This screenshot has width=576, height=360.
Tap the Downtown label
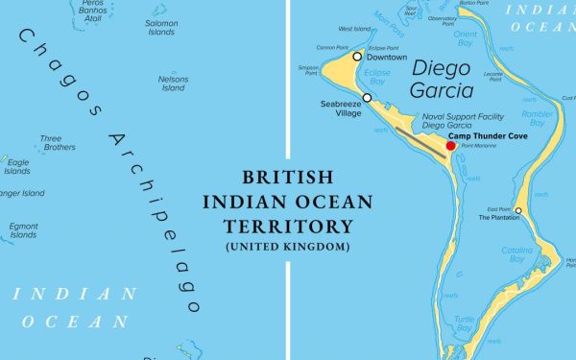click(388, 58)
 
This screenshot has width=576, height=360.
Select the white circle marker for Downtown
click(357, 57)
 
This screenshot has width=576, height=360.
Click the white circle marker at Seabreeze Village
click(367, 98)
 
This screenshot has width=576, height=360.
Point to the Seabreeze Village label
click(341, 108)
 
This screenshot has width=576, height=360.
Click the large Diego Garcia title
click(443, 81)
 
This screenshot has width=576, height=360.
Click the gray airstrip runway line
click(420, 142)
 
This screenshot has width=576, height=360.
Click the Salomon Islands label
click(161, 27)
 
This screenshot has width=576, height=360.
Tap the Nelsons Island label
click(173, 83)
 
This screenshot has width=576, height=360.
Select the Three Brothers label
click(58, 143)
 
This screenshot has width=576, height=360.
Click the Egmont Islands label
click(24, 229)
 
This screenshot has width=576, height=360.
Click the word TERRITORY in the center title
click(288, 227)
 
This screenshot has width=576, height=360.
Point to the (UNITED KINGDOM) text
click(288, 247)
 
